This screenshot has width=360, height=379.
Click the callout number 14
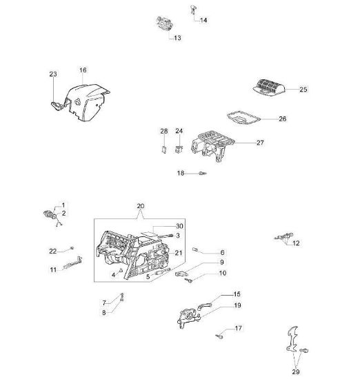click(203, 20)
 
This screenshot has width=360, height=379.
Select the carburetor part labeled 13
click(166, 23)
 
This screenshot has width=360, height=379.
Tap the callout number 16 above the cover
click(83, 70)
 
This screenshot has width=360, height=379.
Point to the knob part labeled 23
click(57, 105)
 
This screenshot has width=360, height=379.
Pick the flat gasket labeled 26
click(243, 119)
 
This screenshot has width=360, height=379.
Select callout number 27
click(260, 143)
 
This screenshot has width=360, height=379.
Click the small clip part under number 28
click(163, 150)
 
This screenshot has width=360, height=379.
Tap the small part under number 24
click(179, 149)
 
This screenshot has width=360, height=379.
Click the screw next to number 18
click(203, 173)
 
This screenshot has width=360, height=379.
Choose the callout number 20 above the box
click(141, 206)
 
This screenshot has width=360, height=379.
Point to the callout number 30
click(179, 226)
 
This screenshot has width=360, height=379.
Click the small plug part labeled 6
click(195, 249)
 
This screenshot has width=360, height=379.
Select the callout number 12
click(296, 243)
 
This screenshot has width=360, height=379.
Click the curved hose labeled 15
click(204, 306)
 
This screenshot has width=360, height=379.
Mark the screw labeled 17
click(219, 336)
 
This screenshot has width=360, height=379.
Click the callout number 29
click(296, 371)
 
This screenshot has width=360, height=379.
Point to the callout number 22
click(52, 252)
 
